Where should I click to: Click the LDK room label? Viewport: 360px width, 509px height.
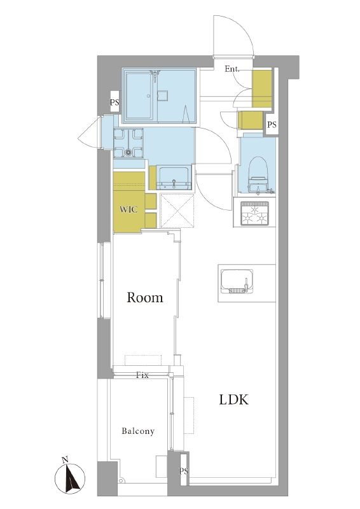pos(233,400)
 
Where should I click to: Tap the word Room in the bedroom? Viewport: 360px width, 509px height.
pos(145,297)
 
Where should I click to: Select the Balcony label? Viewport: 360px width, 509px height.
pos(138,431)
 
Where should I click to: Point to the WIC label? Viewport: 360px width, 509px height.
pos(128,209)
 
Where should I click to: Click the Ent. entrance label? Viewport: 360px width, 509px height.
pos(232,69)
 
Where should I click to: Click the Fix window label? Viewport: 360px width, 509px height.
pos(142,375)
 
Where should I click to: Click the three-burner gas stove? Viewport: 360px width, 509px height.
pos(255,213)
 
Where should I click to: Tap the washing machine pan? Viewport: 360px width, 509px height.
pos(128,143)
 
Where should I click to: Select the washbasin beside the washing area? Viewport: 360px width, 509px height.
pos(174,178)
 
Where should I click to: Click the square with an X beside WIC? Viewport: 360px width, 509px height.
pos(177,211)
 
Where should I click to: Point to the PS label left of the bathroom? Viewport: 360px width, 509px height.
pos(114,102)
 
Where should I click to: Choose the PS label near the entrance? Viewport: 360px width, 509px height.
pos(272,124)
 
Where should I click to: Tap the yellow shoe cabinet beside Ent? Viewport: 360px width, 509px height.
pos(262,88)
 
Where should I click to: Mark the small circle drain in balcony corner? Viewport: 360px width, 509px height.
pos(121,480)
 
